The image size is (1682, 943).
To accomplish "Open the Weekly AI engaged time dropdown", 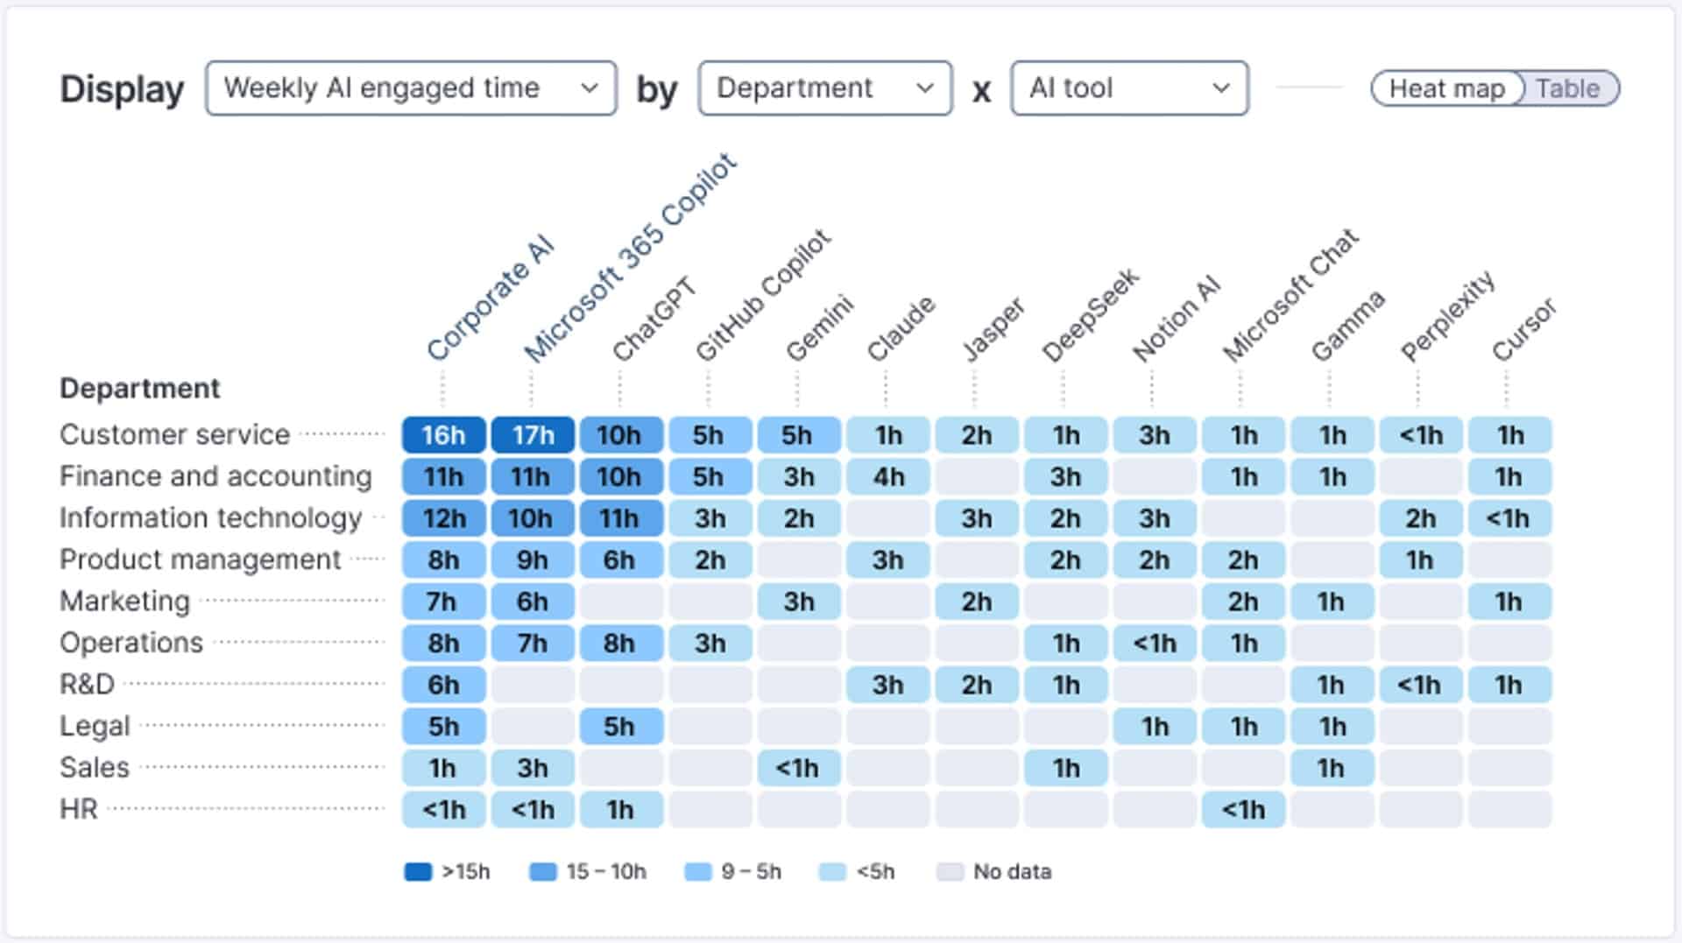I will pyautogui.click(x=410, y=88).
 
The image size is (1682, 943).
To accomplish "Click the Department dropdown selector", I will pyautogui.click(x=824, y=88).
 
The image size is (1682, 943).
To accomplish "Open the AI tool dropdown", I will pyautogui.click(x=1128, y=88).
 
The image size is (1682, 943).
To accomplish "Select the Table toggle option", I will pyautogui.click(x=1567, y=89).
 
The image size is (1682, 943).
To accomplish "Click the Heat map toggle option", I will pyautogui.click(x=1446, y=89).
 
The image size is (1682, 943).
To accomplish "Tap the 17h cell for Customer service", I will pyautogui.click(x=533, y=435).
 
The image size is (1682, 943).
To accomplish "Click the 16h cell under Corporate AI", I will pyautogui.click(x=443, y=435).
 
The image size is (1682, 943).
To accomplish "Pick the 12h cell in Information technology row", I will pyautogui.click(x=443, y=518).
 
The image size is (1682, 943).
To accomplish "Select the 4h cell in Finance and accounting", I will pyautogui.click(x=887, y=477).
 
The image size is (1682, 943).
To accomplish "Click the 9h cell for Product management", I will pyautogui.click(x=533, y=560).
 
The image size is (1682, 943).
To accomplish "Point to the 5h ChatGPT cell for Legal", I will pyautogui.click(x=619, y=727).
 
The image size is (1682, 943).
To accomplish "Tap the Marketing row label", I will pyautogui.click(x=124, y=602).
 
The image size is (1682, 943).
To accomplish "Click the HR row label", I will pyautogui.click(x=78, y=809).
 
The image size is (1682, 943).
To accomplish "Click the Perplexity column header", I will pyautogui.click(x=1447, y=317).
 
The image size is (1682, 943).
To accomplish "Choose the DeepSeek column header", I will pyautogui.click(x=1090, y=315).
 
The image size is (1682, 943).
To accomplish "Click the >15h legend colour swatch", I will pyautogui.click(x=418, y=872).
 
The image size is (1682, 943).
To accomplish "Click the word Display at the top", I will pyautogui.click(x=122, y=89).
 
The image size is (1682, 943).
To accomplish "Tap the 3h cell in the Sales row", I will pyautogui.click(x=533, y=768).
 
